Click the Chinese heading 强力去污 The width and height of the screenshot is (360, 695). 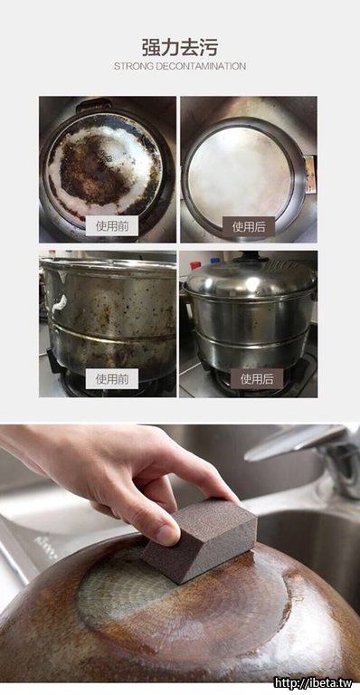click(180, 47)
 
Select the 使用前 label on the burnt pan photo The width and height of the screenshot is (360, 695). click(112, 226)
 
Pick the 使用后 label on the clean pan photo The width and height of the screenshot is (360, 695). click(249, 227)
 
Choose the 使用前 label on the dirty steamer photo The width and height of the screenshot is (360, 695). click(112, 379)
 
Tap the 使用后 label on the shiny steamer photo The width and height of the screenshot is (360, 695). click(256, 379)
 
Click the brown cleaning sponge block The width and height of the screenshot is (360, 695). click(200, 540)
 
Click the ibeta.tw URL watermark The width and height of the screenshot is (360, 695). click(313, 682)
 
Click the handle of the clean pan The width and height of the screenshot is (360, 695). click(310, 174)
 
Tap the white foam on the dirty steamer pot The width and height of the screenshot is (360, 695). click(59, 303)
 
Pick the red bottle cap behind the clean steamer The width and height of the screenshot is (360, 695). click(194, 265)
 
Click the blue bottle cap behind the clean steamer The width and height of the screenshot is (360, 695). click(215, 261)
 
